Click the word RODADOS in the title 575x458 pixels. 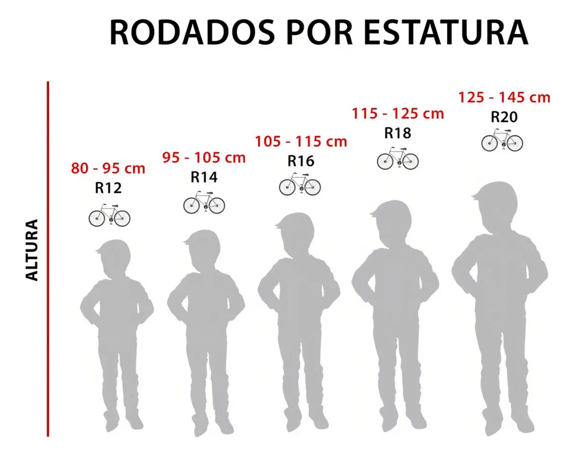pyautogui.click(x=192, y=33)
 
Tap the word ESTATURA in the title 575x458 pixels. pyautogui.click(x=446, y=33)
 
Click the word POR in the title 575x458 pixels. pyautogui.click(x=319, y=33)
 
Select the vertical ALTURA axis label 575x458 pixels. pyautogui.click(x=32, y=250)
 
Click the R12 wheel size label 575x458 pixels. pyautogui.click(x=108, y=188)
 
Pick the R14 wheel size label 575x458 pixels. pyautogui.click(x=204, y=177)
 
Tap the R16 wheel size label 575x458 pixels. pyautogui.click(x=301, y=161)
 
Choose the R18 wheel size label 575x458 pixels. pyautogui.click(x=398, y=133)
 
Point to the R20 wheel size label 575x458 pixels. pyautogui.click(x=504, y=117)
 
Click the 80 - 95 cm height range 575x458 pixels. pyautogui.click(x=108, y=168)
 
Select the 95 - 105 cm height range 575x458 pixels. pyautogui.click(x=204, y=157)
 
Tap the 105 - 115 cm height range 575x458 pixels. pyautogui.click(x=301, y=141)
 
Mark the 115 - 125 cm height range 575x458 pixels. pyautogui.click(x=398, y=114)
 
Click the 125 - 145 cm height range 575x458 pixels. pyautogui.click(x=504, y=97)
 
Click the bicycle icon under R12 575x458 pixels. pyautogui.click(x=109, y=216)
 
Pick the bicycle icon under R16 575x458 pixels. pyautogui.click(x=300, y=185)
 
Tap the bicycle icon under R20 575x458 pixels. pyautogui.click(x=502, y=140)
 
